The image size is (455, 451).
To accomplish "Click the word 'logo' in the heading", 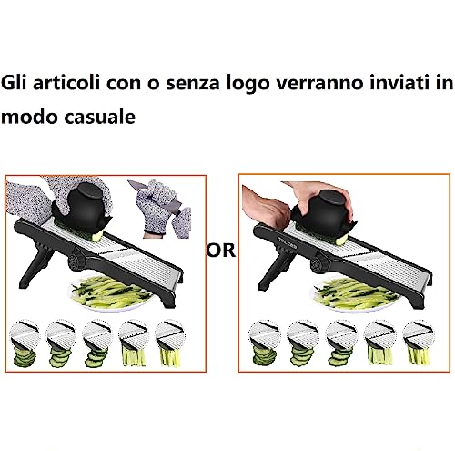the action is [248, 84].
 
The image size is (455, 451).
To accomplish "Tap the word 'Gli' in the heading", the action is [15, 83].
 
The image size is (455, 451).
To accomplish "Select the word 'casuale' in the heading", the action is [100, 116].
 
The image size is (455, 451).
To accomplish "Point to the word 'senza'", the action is [193, 84].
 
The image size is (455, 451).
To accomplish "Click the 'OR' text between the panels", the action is [221, 250].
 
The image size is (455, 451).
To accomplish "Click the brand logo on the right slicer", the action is [287, 241].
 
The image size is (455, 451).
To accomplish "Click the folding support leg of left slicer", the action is [36, 264].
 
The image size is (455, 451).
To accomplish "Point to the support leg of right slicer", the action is [275, 269].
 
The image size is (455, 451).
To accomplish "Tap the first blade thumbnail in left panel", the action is [25, 343].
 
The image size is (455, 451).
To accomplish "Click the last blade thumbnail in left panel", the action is [170, 343].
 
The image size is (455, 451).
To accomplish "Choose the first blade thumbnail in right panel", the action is [264, 343].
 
